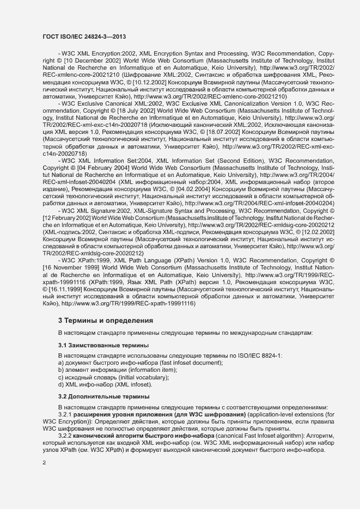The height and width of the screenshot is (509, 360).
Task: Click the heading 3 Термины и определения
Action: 106,321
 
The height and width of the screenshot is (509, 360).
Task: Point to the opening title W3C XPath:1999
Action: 87,261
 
